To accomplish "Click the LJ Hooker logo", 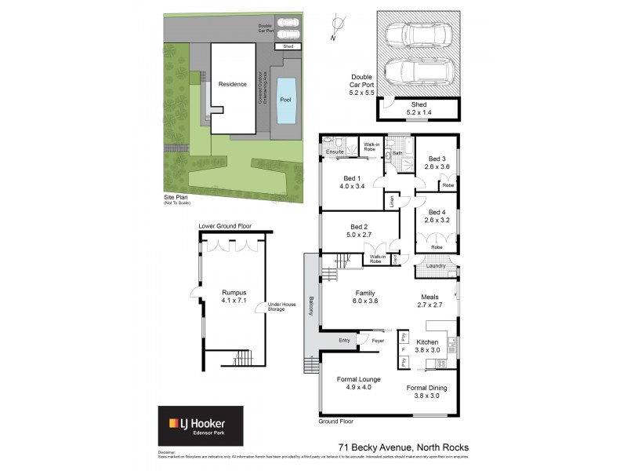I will [201, 426].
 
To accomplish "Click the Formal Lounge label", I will [358, 380].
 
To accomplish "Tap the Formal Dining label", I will [427, 387].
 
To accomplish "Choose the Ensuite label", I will [335, 152].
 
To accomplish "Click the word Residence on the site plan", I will [232, 84].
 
